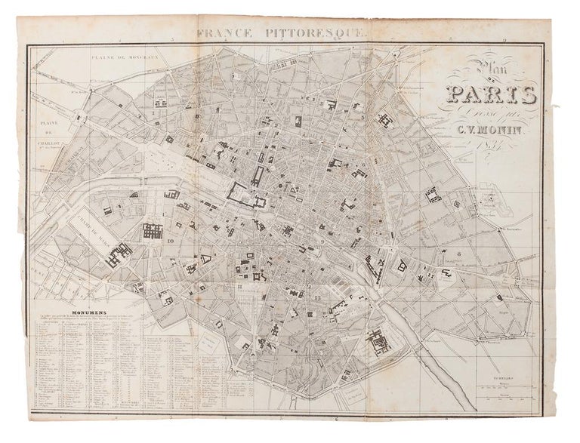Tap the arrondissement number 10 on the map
[x=171, y=241]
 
